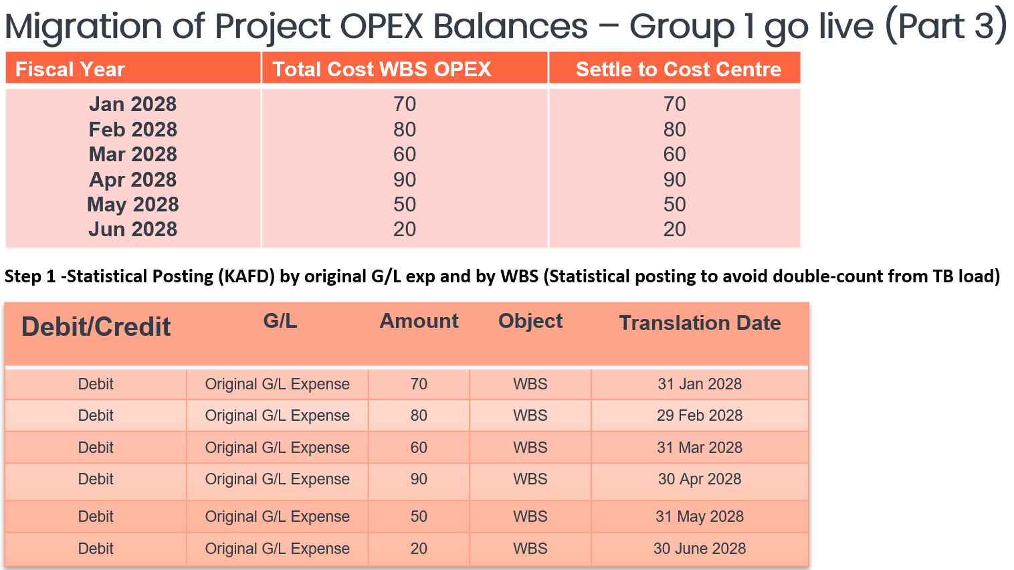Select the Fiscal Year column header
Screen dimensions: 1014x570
pyautogui.click(x=70, y=70)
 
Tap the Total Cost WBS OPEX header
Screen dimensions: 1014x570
pyautogui.click(x=382, y=70)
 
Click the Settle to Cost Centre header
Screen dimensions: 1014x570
pyautogui.click(x=679, y=70)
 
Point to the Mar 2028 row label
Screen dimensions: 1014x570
pyautogui.click(x=132, y=155)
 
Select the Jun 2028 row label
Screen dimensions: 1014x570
pyautogui.click(x=132, y=229)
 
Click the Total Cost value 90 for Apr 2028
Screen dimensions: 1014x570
pyautogui.click(x=404, y=180)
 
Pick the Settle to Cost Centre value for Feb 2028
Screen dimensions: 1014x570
pyautogui.click(x=674, y=130)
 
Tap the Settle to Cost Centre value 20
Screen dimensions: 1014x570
pyautogui.click(x=674, y=229)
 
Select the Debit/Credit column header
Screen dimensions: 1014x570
pyautogui.click(x=96, y=326)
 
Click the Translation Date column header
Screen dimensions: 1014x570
pyautogui.click(x=700, y=323)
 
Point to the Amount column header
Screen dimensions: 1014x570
pyautogui.click(x=419, y=321)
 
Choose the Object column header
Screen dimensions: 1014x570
pyautogui.click(x=530, y=321)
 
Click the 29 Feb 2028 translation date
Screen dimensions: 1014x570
pyautogui.click(x=700, y=415)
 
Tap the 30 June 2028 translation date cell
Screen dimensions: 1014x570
pyautogui.click(x=700, y=549)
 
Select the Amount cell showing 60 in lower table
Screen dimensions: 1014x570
pyautogui.click(x=419, y=448)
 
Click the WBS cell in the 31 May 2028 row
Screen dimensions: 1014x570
pyautogui.click(x=530, y=516)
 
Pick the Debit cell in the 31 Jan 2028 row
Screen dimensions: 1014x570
pyautogui.click(x=96, y=384)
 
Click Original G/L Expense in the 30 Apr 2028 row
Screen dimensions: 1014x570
pyautogui.click(x=277, y=479)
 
